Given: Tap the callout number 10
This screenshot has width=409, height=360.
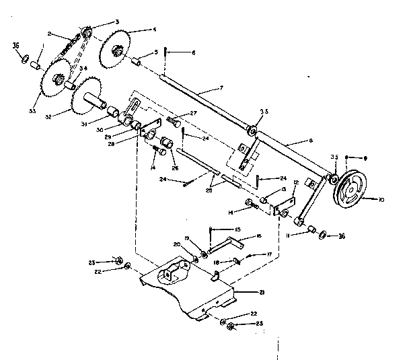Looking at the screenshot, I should click(381, 200).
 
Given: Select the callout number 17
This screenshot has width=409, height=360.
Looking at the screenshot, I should click(268, 255).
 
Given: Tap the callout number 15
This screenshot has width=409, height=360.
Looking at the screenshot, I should click(237, 229).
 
